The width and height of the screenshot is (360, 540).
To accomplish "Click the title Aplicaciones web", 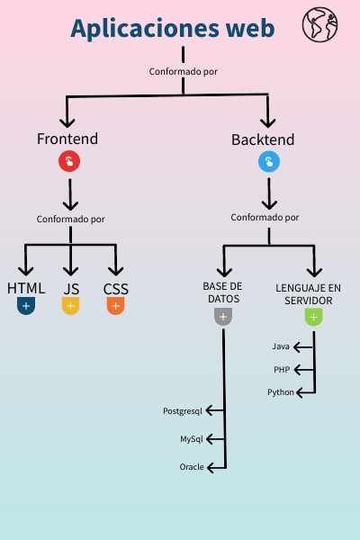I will pyautogui.click(x=172, y=29).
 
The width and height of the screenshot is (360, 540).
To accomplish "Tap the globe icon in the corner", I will pyautogui.click(x=318, y=24).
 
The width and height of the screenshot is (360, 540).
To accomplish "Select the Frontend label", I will pyautogui.click(x=67, y=139).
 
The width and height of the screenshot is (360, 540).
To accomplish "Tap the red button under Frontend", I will pyautogui.click(x=69, y=162).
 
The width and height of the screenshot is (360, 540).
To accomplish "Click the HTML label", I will pyautogui.click(x=26, y=289).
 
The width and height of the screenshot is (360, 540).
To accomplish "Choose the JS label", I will pyautogui.click(x=71, y=289).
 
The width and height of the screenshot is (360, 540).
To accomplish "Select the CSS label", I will pyautogui.click(x=115, y=289).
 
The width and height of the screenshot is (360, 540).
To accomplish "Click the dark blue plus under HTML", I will pyautogui.click(x=26, y=307).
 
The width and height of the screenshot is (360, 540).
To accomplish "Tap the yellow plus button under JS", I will pyautogui.click(x=71, y=307).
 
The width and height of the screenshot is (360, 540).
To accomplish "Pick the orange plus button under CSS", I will pyautogui.click(x=115, y=307).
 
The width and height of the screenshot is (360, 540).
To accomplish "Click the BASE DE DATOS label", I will pyautogui.click(x=223, y=292).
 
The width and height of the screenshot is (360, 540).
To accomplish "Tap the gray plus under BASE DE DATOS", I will pyautogui.click(x=223, y=317).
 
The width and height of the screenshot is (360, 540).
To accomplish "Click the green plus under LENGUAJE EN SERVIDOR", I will pyautogui.click(x=312, y=317).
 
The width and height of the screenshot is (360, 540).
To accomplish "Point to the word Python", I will pyautogui.click(x=281, y=392).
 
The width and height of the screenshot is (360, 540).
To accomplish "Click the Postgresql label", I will pyautogui.click(x=183, y=410).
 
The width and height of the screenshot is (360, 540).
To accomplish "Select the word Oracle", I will pyautogui.click(x=192, y=467).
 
